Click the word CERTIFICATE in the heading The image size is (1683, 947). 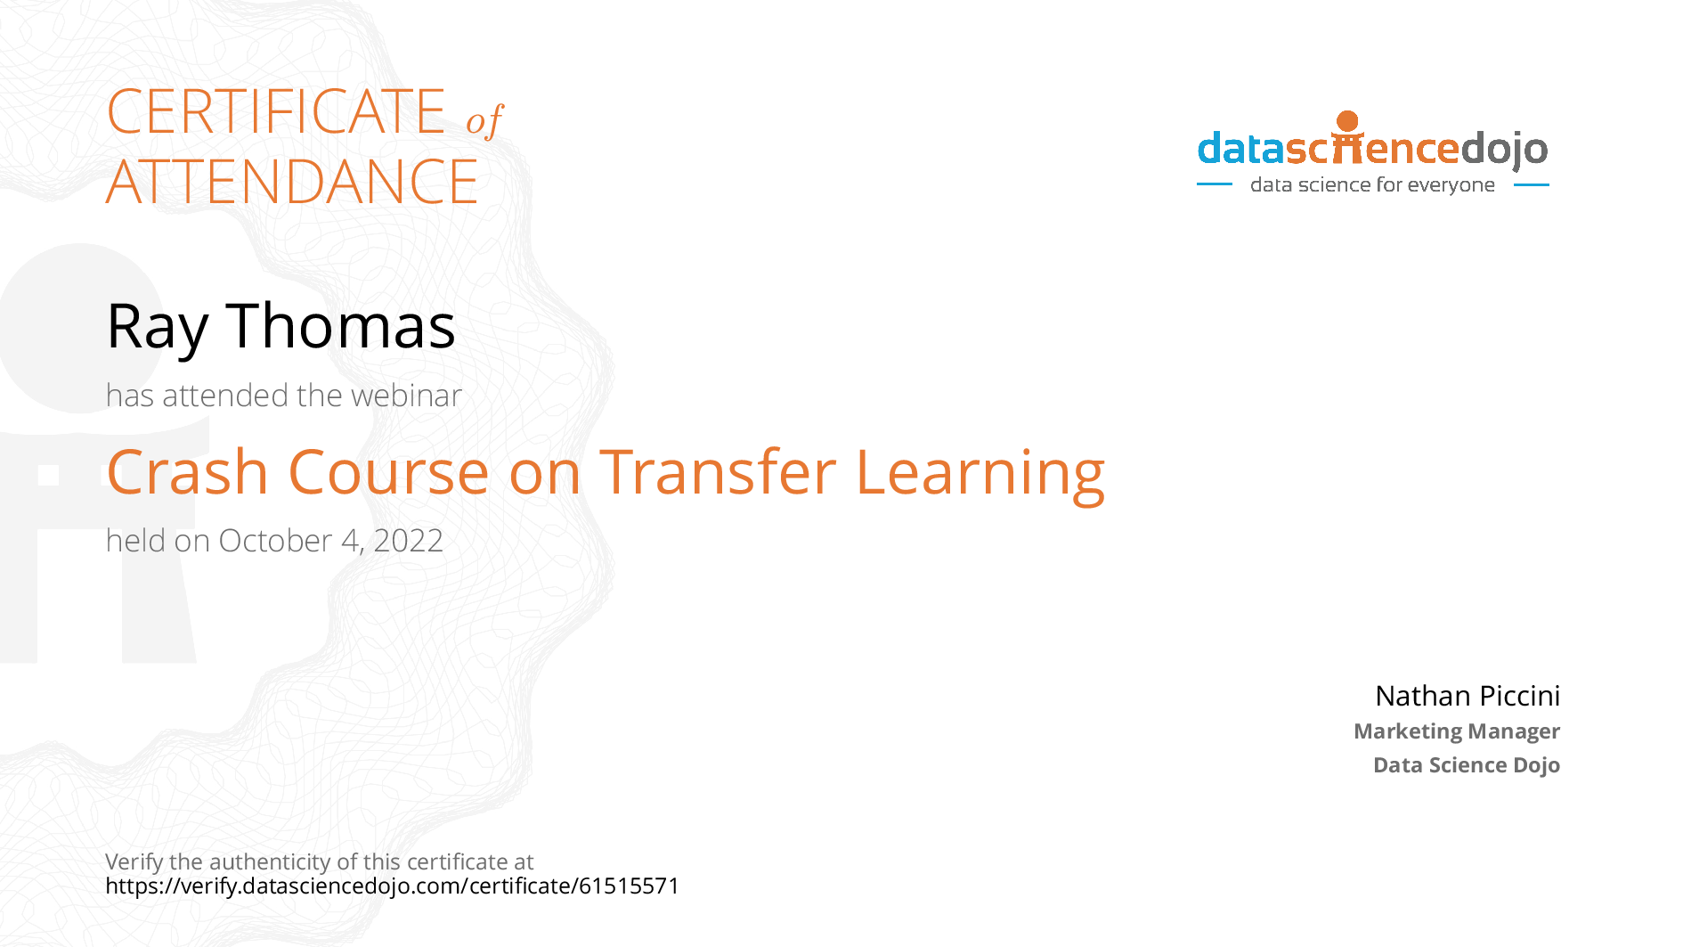[276, 111]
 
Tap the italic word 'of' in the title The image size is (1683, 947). [484, 120]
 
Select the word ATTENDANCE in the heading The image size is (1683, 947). [292, 182]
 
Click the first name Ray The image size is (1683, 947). [158, 328]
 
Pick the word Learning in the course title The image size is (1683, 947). [980, 474]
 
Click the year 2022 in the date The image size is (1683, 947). [409, 541]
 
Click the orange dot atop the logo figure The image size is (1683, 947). [1348, 121]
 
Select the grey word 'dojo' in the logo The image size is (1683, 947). [1505, 150]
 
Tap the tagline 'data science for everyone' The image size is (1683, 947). [1372, 185]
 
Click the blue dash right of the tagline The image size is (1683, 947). [1532, 185]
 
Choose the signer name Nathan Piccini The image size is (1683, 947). [1468, 696]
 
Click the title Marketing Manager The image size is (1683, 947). [1457, 731]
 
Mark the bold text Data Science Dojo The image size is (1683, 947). [1467, 765]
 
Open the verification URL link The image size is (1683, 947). [392, 886]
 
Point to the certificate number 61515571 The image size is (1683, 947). [629, 886]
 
